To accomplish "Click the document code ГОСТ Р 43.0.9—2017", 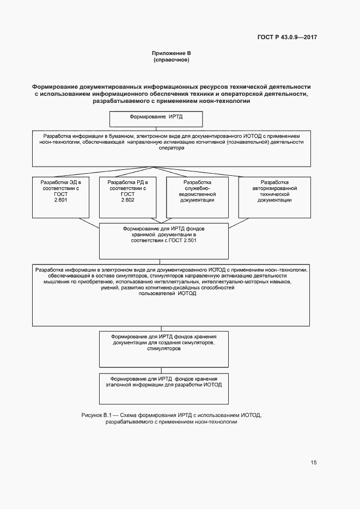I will tap(287, 37).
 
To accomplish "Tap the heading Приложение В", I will tap(172, 53).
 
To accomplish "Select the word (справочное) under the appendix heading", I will tap(172, 60).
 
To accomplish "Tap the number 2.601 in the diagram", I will tap(60, 200).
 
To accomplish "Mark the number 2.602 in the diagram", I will tap(128, 200).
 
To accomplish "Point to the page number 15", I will tap(313, 463).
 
